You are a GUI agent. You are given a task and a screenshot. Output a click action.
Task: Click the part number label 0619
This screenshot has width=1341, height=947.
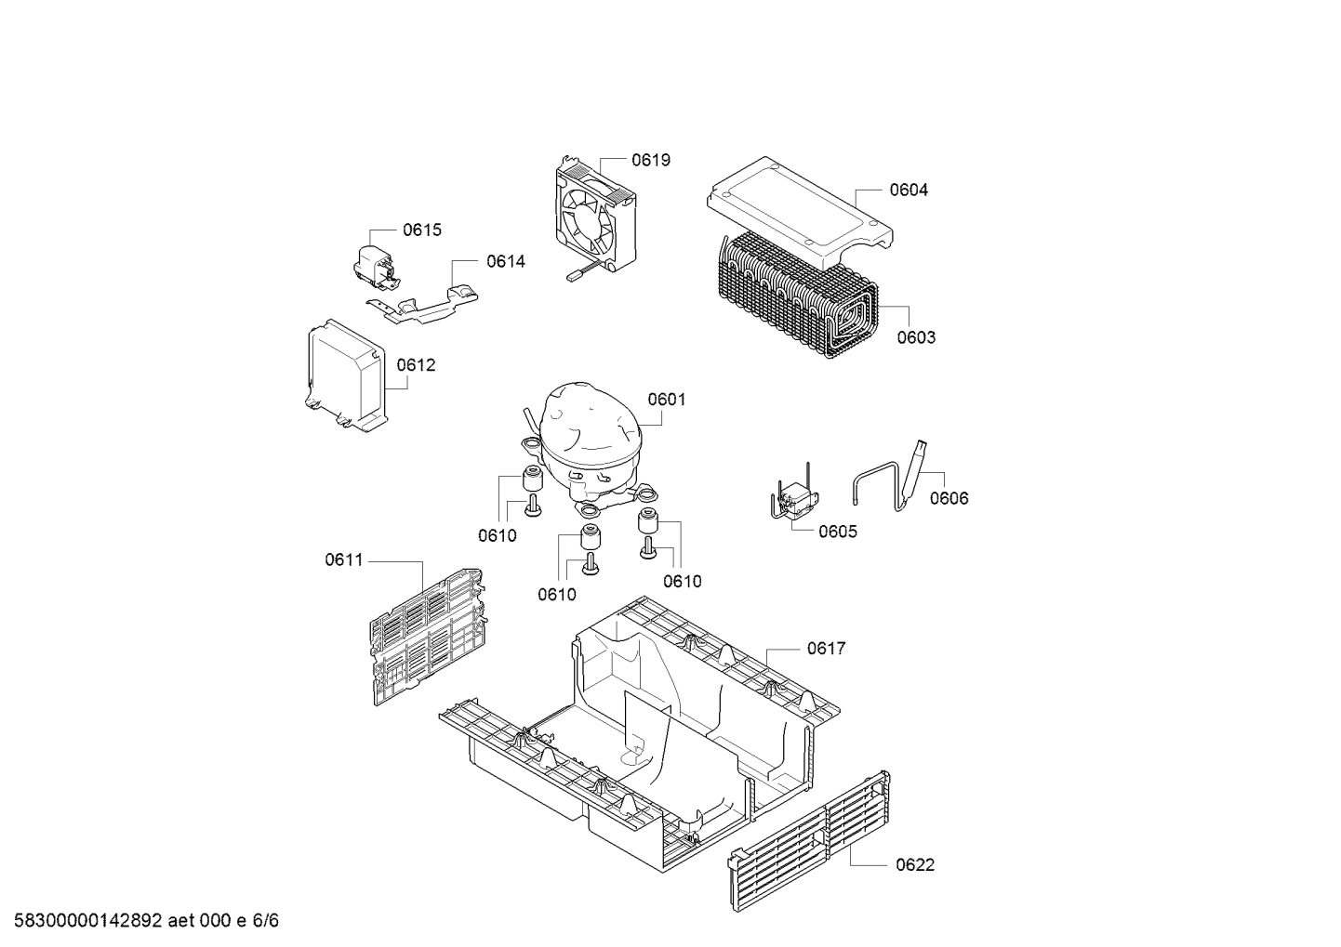tap(650, 160)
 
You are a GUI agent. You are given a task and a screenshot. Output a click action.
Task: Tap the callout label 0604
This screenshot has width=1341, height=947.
tap(908, 190)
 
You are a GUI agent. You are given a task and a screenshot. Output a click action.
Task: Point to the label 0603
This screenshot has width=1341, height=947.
tap(916, 337)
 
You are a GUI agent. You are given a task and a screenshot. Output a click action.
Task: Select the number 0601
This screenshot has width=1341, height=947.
tap(667, 400)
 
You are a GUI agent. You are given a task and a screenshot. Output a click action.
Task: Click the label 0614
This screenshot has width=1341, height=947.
tap(505, 261)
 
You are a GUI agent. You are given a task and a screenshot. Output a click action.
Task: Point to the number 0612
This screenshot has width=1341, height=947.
tap(416, 365)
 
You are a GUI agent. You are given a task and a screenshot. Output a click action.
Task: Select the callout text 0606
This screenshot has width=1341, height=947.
tap(949, 498)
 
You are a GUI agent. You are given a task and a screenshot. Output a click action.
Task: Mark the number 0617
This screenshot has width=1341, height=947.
tap(826, 648)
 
